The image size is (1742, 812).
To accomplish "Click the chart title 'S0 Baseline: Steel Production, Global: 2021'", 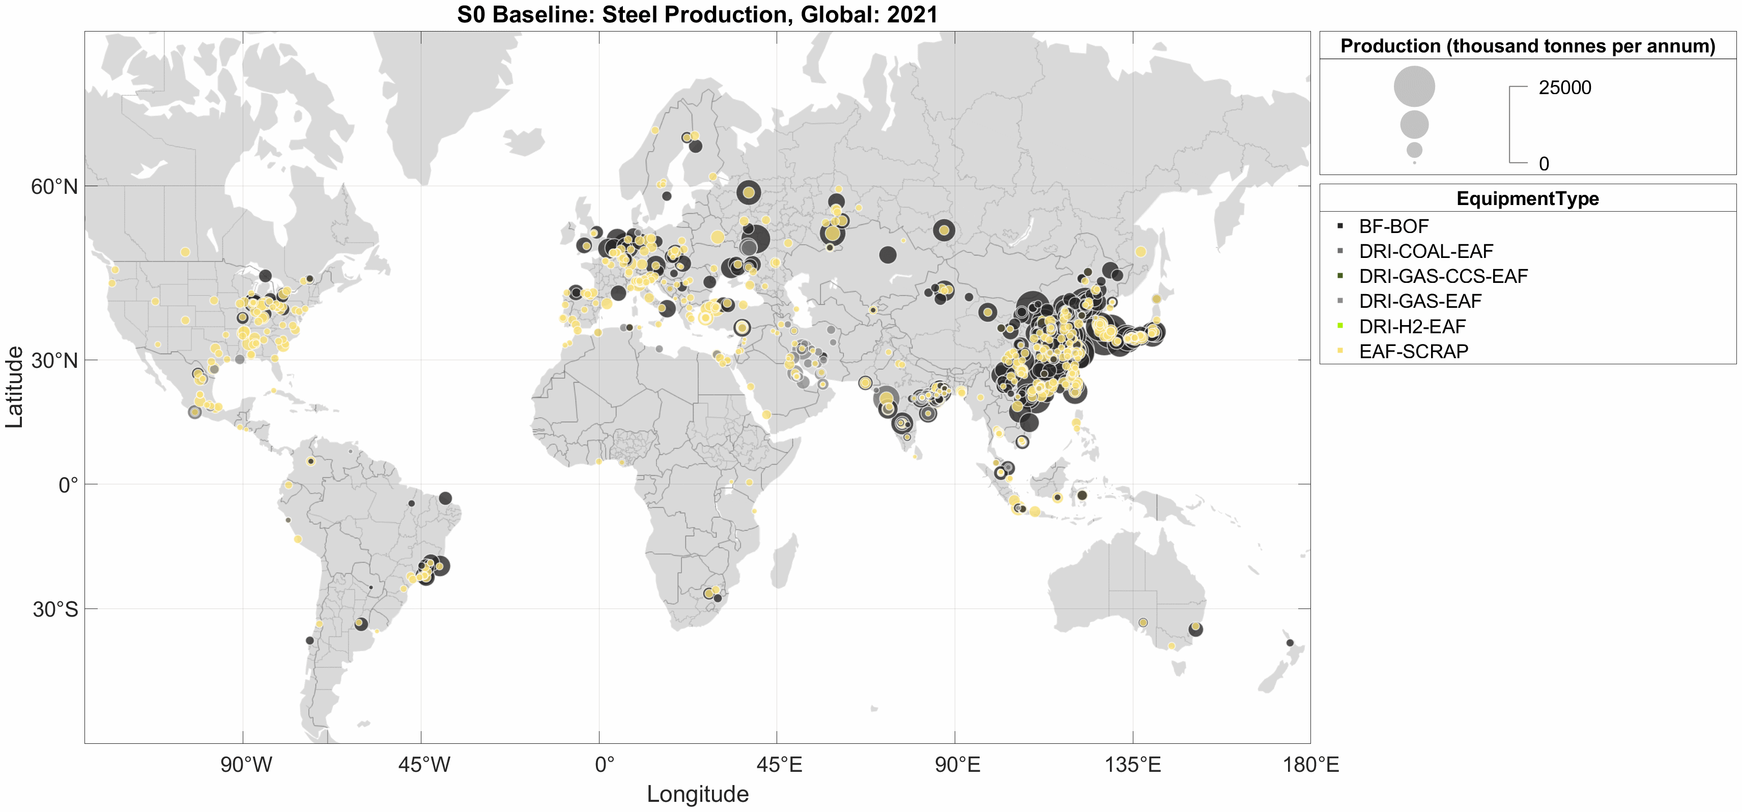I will (x=697, y=14).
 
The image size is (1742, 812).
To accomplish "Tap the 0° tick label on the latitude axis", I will (x=68, y=485).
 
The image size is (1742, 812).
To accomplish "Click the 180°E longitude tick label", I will (x=1310, y=765).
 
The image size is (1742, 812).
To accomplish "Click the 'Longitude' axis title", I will (x=697, y=794).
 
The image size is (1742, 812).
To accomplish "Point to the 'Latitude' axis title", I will (x=15, y=387).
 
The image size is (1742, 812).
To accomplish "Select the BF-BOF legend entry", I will (x=1393, y=226).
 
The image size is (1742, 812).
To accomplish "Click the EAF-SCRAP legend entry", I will (x=1413, y=352).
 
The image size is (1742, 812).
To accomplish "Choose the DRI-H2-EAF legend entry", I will (x=1412, y=327).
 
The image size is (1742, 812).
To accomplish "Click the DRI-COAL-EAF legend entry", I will (x=1425, y=251).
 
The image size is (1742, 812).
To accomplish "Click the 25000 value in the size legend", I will (x=1565, y=88).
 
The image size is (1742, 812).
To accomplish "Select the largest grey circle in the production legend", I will (x=1414, y=86).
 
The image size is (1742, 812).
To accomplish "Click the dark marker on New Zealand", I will (x=1290, y=642).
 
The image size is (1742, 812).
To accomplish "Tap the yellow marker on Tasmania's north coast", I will (x=1171, y=646).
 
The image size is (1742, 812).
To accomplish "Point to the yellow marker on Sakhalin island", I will (x=1141, y=251).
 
